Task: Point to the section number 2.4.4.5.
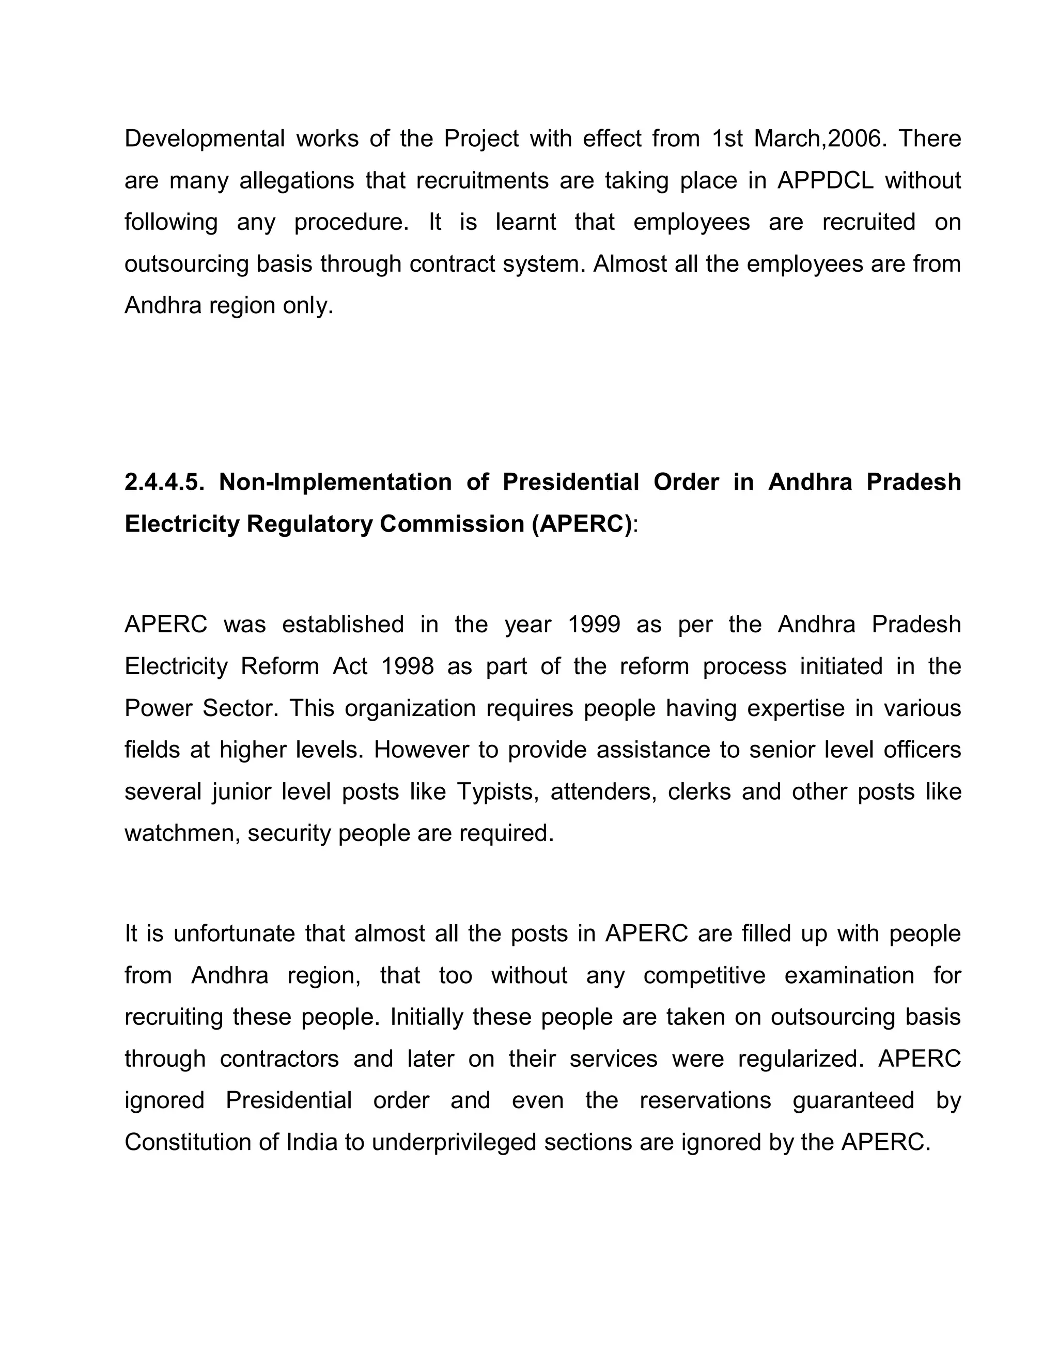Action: point(164,482)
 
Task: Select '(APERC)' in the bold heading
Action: point(582,524)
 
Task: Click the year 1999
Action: point(593,625)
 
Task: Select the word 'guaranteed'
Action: point(853,1101)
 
